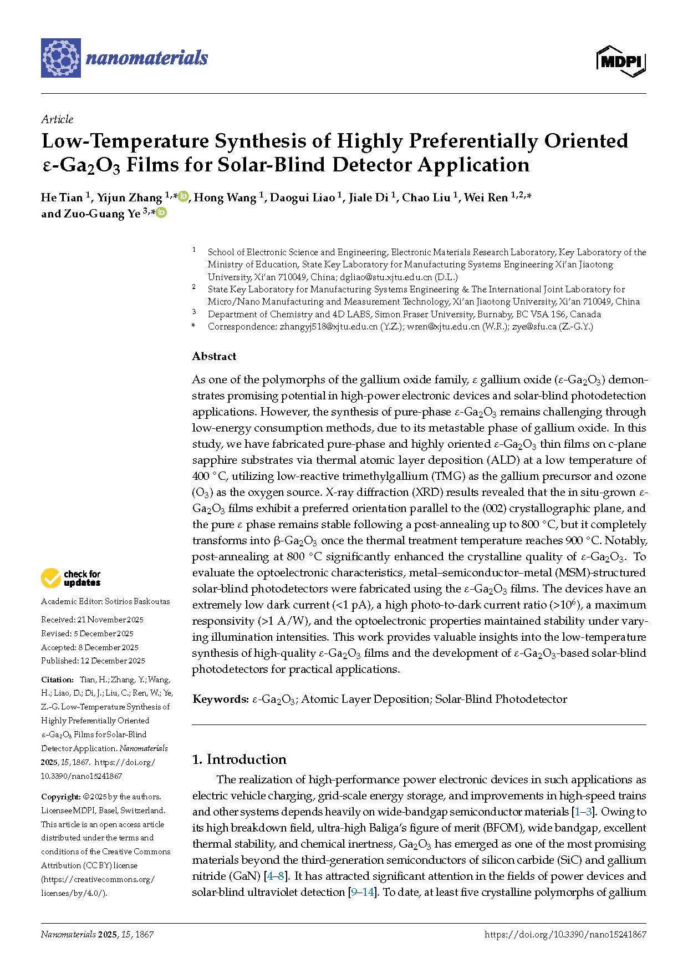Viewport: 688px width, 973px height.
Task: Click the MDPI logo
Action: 621,61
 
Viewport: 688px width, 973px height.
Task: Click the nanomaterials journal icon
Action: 61,58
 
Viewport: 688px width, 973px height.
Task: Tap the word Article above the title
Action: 57,119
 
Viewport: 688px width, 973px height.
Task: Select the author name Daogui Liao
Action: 302,198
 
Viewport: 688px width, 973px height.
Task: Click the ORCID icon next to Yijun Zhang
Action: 184,196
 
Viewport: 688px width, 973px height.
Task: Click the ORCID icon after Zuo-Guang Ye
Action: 161,212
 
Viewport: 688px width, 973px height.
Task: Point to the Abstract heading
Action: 214,356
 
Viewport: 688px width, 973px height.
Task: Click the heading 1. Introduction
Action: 239,759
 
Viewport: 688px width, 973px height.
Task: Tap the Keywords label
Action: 220,699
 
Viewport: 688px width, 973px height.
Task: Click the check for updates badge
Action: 70,578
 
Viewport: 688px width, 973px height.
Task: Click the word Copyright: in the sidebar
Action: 61,797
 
